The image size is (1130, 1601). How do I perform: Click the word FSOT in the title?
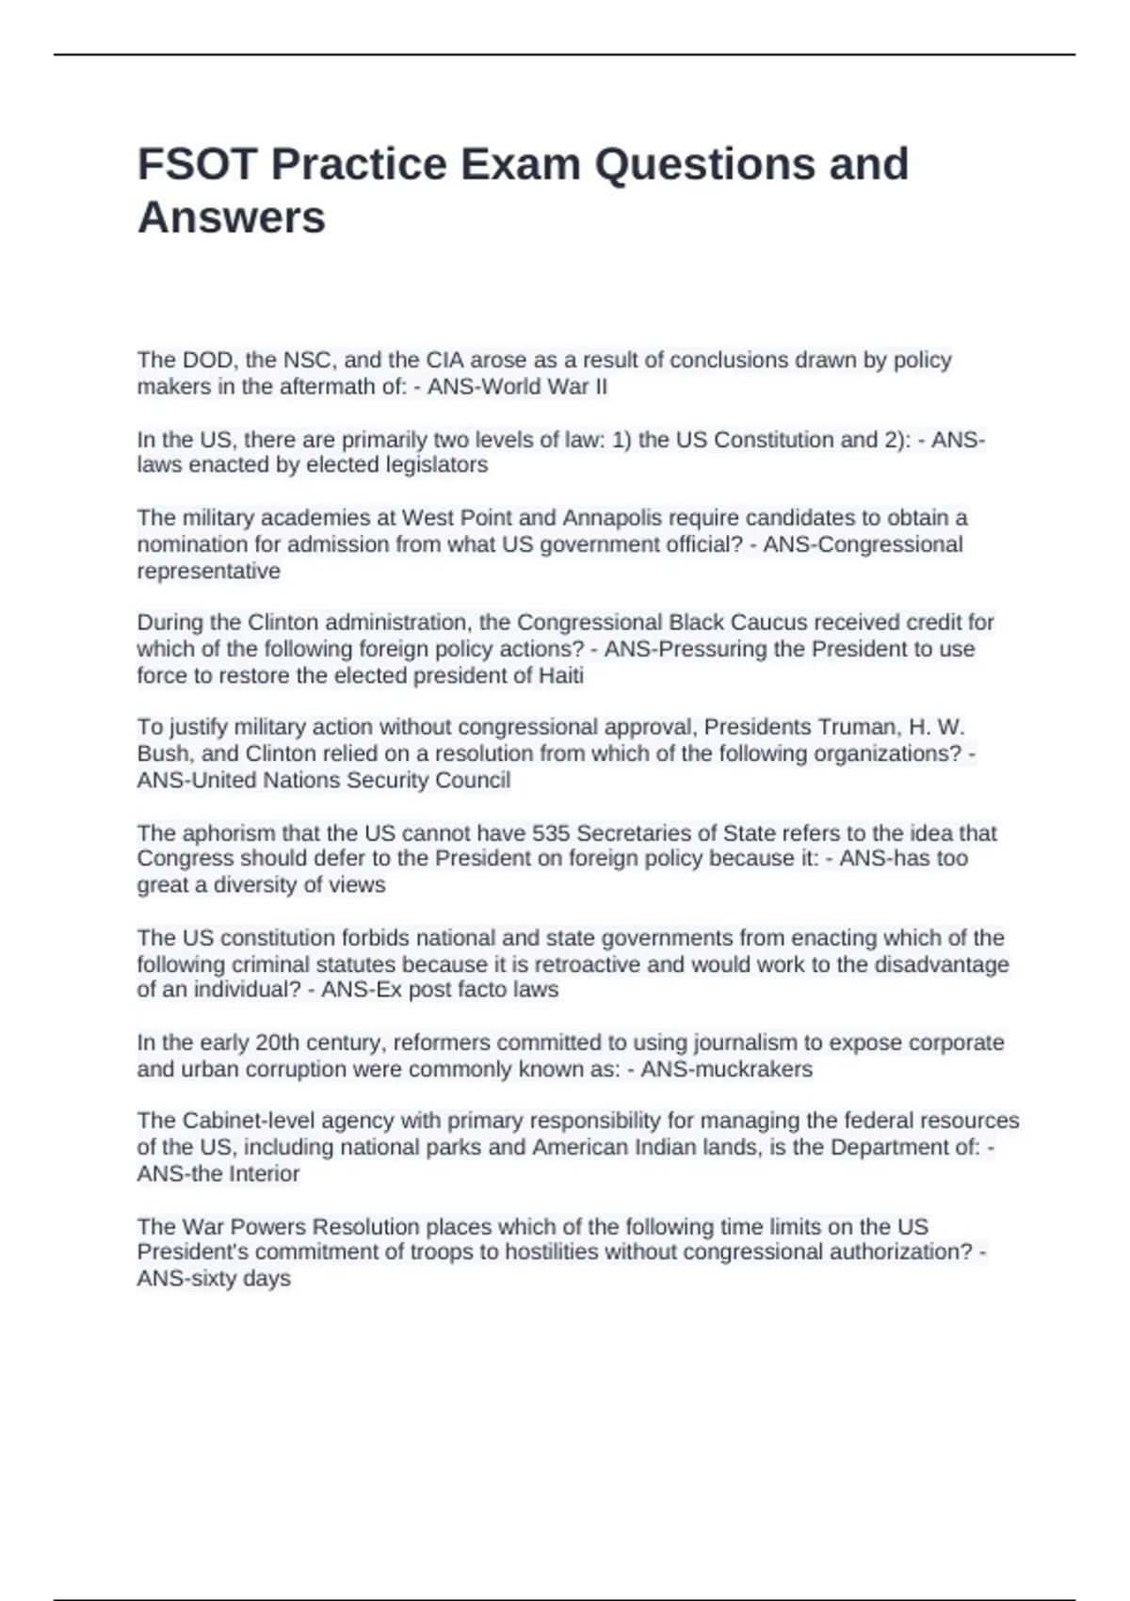[x=198, y=164]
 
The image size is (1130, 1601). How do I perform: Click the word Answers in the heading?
[x=232, y=218]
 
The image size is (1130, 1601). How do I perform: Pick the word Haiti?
[x=560, y=675]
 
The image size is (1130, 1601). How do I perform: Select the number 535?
[x=551, y=833]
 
